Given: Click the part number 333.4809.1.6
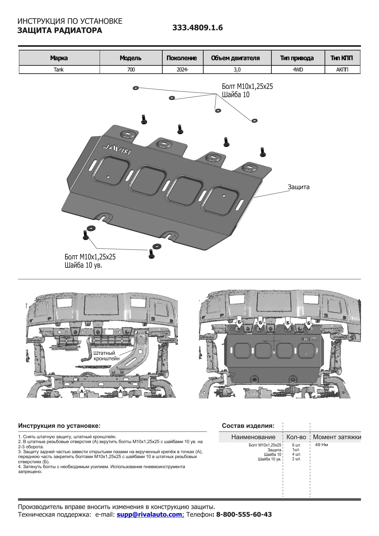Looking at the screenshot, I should (x=197, y=28).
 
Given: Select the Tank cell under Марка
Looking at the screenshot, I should (x=59, y=70).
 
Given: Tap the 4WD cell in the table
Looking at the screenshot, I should (x=298, y=70).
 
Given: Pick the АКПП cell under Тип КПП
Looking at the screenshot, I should (x=342, y=70).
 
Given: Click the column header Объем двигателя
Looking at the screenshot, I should (x=235, y=58).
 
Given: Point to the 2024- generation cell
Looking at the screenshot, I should (x=182, y=70).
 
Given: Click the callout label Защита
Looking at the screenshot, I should (x=298, y=187).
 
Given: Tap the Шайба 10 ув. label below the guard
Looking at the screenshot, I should (x=83, y=265).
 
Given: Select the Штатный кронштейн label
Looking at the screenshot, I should (x=106, y=356).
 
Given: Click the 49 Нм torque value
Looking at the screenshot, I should (x=321, y=445).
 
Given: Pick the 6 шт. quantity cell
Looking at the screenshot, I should (x=296, y=445).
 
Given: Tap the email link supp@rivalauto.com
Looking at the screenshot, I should (x=150, y=514).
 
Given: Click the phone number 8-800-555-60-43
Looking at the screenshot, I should (x=244, y=514).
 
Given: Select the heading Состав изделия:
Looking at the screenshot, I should (x=248, y=426).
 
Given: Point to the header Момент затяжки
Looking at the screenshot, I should (x=337, y=437).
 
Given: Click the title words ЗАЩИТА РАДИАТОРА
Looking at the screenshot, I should (x=60, y=31).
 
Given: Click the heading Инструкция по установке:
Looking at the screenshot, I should (x=59, y=426).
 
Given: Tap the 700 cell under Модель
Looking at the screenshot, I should (x=131, y=70).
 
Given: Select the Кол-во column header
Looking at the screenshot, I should (x=296, y=437).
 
